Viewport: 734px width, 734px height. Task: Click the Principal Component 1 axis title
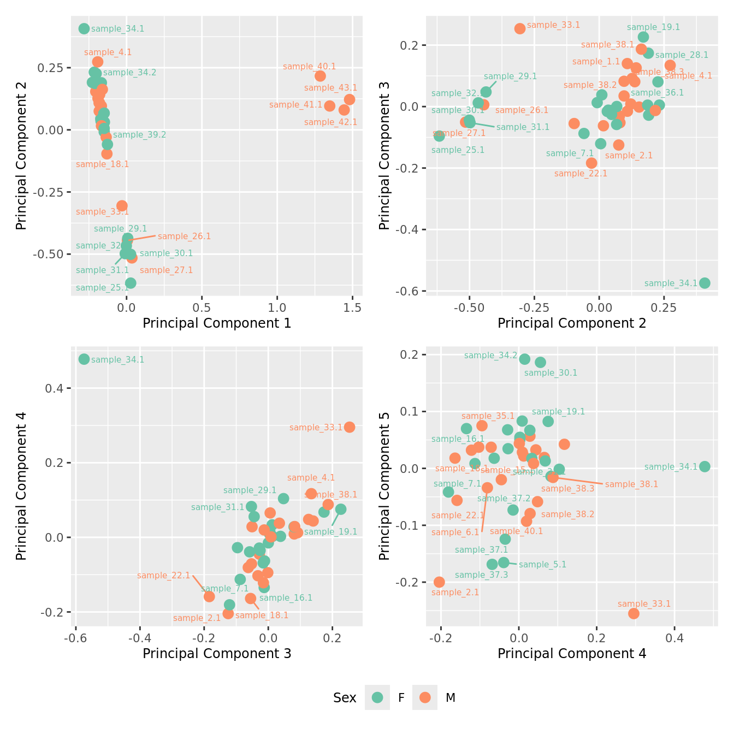point(217,323)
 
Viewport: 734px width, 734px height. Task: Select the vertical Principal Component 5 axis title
point(384,486)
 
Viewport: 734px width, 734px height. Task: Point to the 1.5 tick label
point(352,308)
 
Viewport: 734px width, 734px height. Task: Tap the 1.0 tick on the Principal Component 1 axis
point(277,308)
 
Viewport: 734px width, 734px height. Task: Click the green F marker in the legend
point(377,697)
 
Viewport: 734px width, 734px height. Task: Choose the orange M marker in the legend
point(425,697)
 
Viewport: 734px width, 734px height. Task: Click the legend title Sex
point(345,698)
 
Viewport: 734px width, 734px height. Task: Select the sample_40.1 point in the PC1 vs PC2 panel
point(320,76)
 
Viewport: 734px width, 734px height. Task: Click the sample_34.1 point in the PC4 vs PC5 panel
point(705,466)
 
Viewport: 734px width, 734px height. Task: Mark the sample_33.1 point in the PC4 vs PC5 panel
point(634,613)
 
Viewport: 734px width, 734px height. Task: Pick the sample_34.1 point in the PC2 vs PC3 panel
point(705,283)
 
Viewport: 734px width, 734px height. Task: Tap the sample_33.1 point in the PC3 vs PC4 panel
point(350,427)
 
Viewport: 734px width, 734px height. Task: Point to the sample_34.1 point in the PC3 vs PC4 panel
point(84,359)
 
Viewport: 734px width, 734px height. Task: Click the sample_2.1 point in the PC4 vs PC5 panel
point(439,582)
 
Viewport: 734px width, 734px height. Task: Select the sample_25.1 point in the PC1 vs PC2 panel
point(131,283)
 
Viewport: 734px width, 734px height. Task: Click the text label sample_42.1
point(330,122)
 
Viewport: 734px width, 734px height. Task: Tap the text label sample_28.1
point(682,55)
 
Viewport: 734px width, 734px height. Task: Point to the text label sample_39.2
point(139,135)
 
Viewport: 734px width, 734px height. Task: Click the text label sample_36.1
point(657,93)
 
